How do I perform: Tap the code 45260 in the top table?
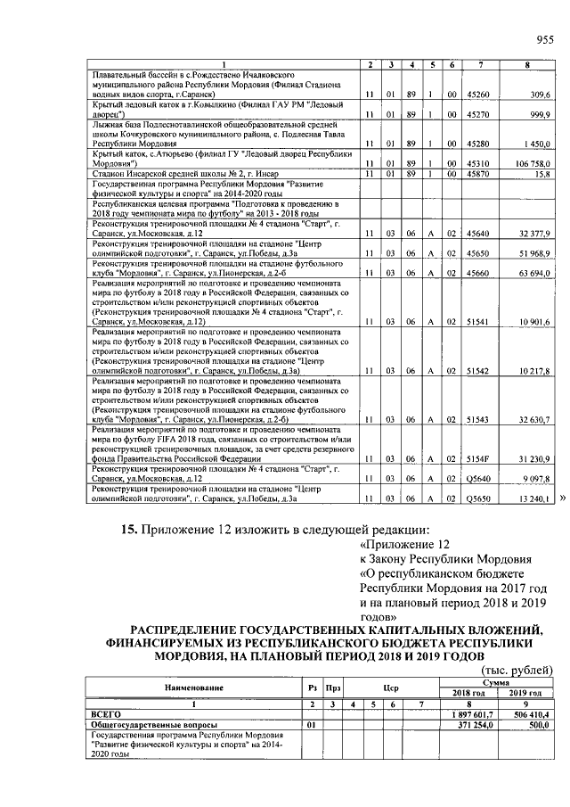479,93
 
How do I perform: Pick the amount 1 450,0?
538,143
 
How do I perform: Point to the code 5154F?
479,459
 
